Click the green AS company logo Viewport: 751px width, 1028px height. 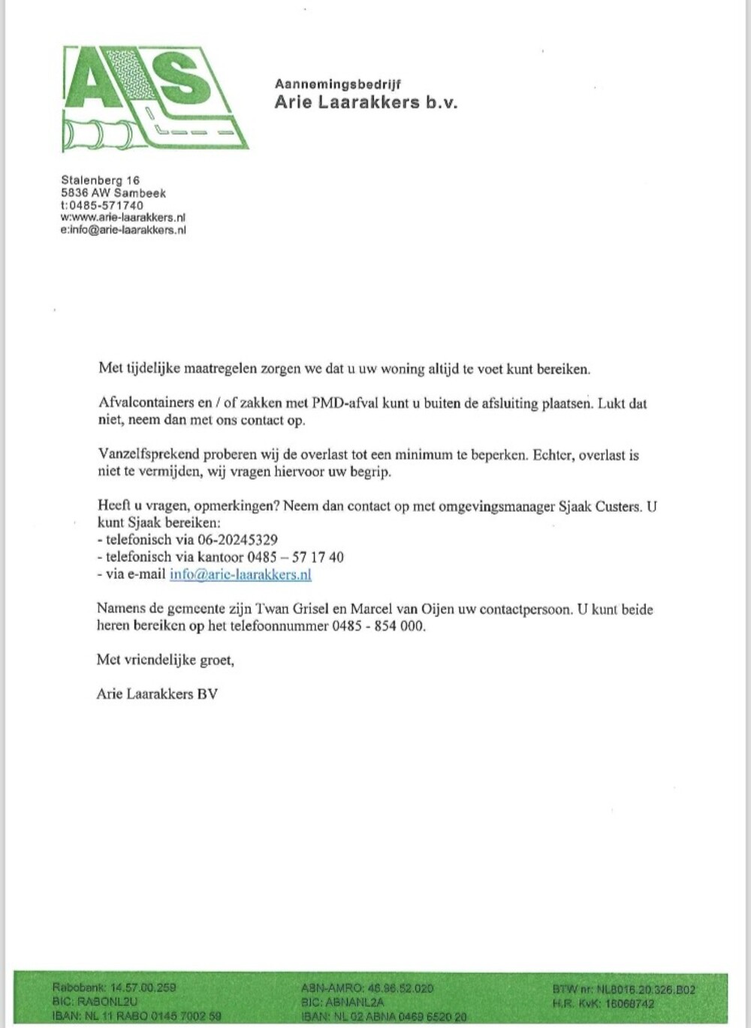pos(154,98)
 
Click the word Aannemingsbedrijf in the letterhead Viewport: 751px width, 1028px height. pos(337,84)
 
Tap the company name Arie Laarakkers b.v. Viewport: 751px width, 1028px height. pos(366,102)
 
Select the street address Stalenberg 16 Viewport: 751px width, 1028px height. pos(100,180)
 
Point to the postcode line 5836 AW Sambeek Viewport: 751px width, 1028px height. pos(113,193)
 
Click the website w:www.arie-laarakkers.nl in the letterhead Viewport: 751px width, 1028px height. pos(123,218)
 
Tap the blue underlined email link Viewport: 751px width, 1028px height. pos(240,575)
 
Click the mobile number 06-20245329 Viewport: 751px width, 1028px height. pos(237,540)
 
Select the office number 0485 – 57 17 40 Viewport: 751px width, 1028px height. pos(295,557)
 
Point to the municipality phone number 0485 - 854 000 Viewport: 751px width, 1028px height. pos(379,626)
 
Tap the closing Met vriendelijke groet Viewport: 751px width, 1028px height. pos(165,660)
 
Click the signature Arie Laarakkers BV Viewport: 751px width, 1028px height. pos(157,694)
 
